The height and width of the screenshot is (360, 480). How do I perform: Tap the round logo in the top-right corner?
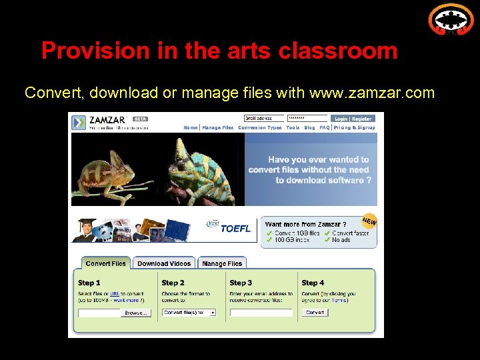[450, 19]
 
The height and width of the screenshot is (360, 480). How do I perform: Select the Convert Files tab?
[106, 263]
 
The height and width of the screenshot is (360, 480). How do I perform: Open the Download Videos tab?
[164, 263]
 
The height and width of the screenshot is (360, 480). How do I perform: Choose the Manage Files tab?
[222, 263]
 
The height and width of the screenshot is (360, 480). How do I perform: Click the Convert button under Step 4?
[315, 312]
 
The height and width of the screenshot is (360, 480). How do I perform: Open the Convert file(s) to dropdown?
[189, 312]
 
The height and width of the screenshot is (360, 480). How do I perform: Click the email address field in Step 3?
[261, 312]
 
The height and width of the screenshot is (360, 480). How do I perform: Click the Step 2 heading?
[173, 283]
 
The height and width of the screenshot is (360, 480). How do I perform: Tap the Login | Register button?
[353, 119]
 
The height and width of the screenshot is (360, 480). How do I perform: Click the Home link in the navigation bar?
[190, 127]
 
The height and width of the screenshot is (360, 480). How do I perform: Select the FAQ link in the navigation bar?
[324, 127]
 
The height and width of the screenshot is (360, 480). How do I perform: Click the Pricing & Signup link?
[354, 127]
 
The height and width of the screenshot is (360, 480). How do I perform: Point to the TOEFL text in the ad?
[235, 229]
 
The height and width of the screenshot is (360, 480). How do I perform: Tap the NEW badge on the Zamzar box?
[369, 221]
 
